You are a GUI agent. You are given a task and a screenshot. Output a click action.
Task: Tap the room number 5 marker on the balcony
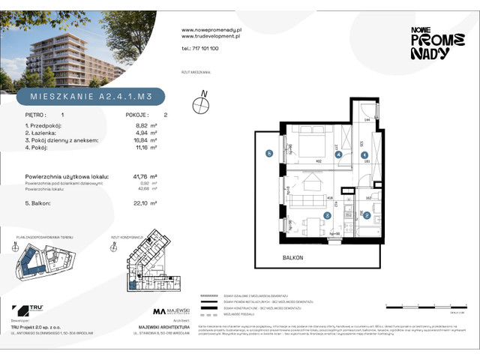[x=268, y=154]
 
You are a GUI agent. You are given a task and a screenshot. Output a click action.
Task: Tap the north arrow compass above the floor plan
[x=200, y=105]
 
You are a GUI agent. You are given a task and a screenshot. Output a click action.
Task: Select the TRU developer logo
[x=31, y=309]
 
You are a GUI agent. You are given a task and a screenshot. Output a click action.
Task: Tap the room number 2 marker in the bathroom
[x=367, y=215]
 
